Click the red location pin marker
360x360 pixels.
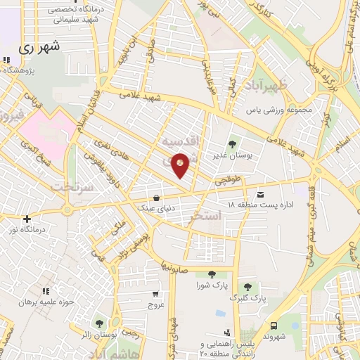tap(181, 164)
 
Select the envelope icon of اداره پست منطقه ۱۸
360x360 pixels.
tap(262, 194)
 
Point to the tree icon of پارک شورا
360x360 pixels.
tap(212, 275)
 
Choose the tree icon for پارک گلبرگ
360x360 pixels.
tap(247, 287)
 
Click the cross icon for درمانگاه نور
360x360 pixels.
tap(27, 219)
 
